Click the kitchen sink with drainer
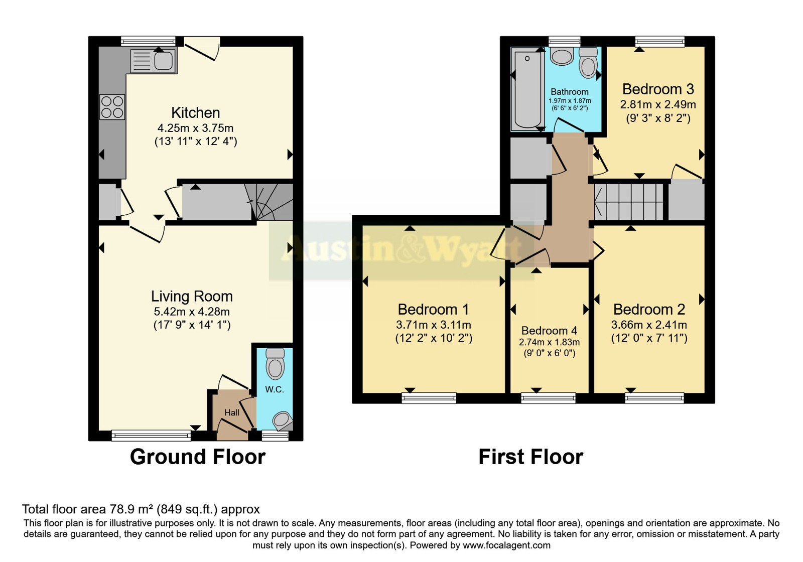pyautogui.click(x=154, y=61)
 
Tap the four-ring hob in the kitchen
pyautogui.click(x=112, y=107)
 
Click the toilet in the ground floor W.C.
pyautogui.click(x=275, y=364)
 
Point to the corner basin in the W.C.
pyautogui.click(x=283, y=421)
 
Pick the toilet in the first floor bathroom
pyautogui.click(x=588, y=63)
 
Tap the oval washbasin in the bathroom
pyautogui.click(x=562, y=56)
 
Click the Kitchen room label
pyautogui.click(x=195, y=113)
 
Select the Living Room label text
pyautogui.click(x=192, y=297)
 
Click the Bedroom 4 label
pyautogui.click(x=549, y=331)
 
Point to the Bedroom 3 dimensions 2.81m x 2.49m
pyautogui.click(x=658, y=105)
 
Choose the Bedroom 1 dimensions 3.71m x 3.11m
pyautogui.click(x=434, y=325)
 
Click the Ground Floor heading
pyautogui.click(x=198, y=457)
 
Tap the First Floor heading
pyautogui.click(x=530, y=457)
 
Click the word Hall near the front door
pyautogui.click(x=231, y=412)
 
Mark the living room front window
pyautogui.click(x=151, y=436)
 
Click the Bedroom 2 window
pyautogui.click(x=654, y=398)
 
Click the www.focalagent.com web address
pyautogui.click(x=506, y=545)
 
